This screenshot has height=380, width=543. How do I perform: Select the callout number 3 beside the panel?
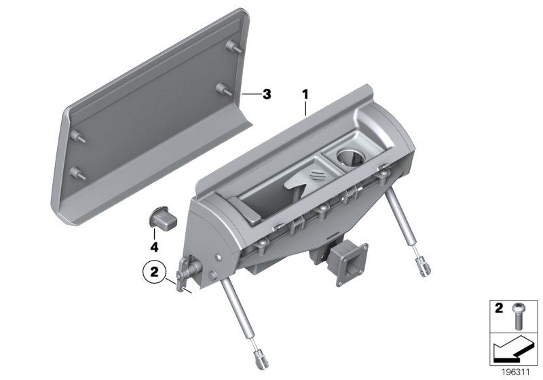tap(267, 94)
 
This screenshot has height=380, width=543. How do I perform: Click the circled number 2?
tap(154, 273)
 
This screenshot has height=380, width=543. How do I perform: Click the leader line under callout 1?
tap(305, 109)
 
